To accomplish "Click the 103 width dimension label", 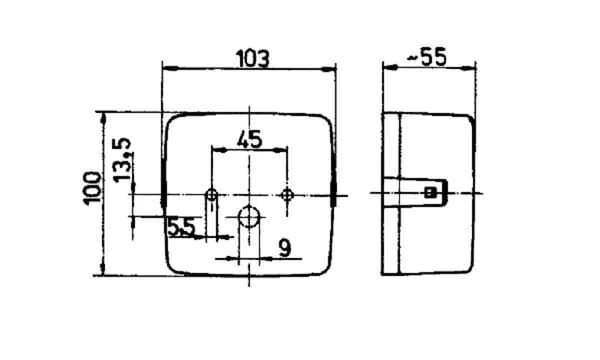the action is pos(253,59).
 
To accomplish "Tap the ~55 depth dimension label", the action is pos(426,57).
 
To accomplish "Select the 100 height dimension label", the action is pos(93,188).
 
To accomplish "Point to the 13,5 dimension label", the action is pos(122,159).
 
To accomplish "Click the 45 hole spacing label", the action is pos(249,139).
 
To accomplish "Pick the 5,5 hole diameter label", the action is pos(181,227).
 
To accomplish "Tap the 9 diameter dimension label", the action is pos(285,248).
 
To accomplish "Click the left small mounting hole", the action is pos(211,195).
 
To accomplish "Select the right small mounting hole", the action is pos(287,195).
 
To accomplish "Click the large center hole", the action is pos(249,217).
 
